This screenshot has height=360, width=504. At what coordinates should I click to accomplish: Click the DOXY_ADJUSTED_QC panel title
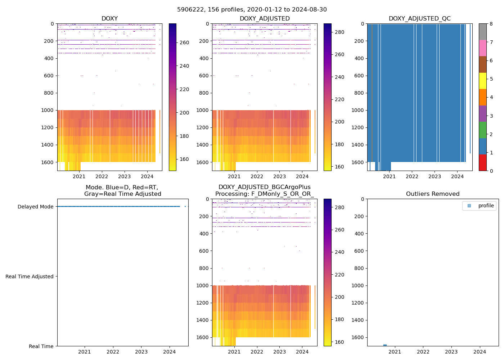pos(419,19)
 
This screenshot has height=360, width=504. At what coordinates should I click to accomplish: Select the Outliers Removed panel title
pos(432,194)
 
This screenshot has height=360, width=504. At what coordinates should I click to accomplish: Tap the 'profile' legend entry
pos(486,206)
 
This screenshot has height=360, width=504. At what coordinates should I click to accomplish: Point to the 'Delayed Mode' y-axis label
pos(35,207)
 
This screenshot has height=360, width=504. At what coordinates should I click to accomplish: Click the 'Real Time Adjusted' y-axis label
pos(29,276)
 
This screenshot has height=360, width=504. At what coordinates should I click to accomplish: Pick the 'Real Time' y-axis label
pos(41,346)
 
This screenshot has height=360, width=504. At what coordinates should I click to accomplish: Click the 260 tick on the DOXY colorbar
pos(184,42)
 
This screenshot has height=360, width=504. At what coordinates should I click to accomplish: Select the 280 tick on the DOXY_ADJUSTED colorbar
pos(339,32)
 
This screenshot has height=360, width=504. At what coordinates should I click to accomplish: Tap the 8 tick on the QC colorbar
pos(491,24)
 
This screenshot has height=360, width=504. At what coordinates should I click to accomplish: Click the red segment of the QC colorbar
pos(482,162)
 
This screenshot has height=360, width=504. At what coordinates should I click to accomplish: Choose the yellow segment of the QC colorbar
pos(482,81)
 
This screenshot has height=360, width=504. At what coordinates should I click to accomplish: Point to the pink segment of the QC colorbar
pos(482,48)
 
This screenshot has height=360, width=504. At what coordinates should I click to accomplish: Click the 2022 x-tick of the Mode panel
pos(113,352)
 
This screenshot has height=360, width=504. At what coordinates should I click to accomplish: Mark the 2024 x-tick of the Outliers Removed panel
pos(480,352)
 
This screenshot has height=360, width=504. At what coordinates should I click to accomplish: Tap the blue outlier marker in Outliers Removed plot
pos(385,345)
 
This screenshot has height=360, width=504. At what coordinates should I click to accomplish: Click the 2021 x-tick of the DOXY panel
pos(79,176)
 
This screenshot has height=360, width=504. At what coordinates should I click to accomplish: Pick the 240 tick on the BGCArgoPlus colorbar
pos(339,252)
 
